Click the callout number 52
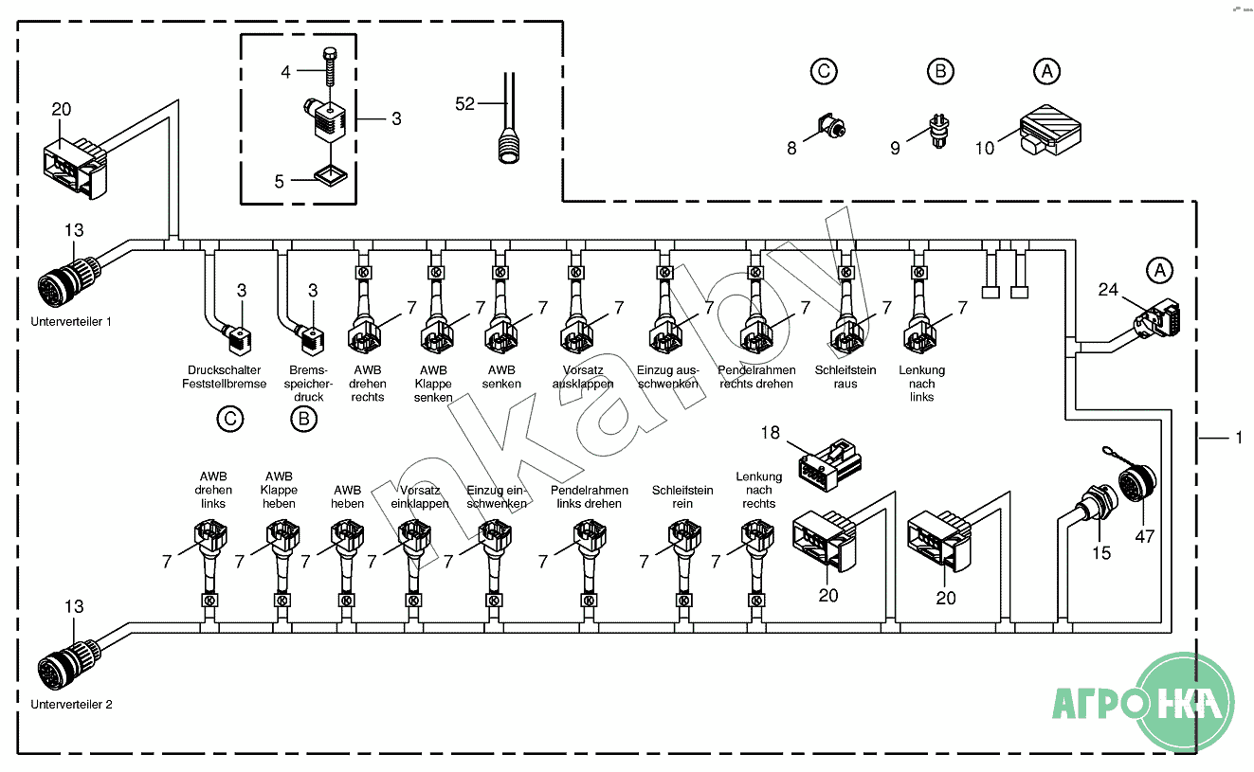[x=464, y=104]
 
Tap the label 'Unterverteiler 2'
[x=71, y=705]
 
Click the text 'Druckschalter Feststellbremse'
[x=225, y=377]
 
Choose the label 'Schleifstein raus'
[x=845, y=377]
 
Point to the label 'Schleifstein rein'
[x=682, y=496]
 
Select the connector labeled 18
[x=829, y=463]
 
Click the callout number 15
[x=1100, y=552]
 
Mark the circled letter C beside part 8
[x=824, y=71]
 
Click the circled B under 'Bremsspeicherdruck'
[x=303, y=419]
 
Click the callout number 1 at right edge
[x=1238, y=438]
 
